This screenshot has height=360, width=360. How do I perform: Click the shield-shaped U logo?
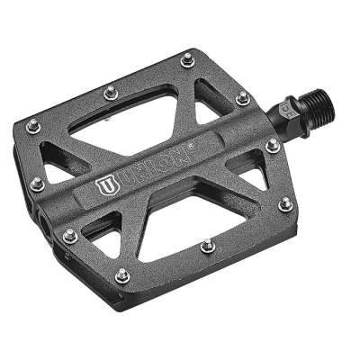coord(107,186)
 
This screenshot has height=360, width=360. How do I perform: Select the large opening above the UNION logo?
coord(125,121)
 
